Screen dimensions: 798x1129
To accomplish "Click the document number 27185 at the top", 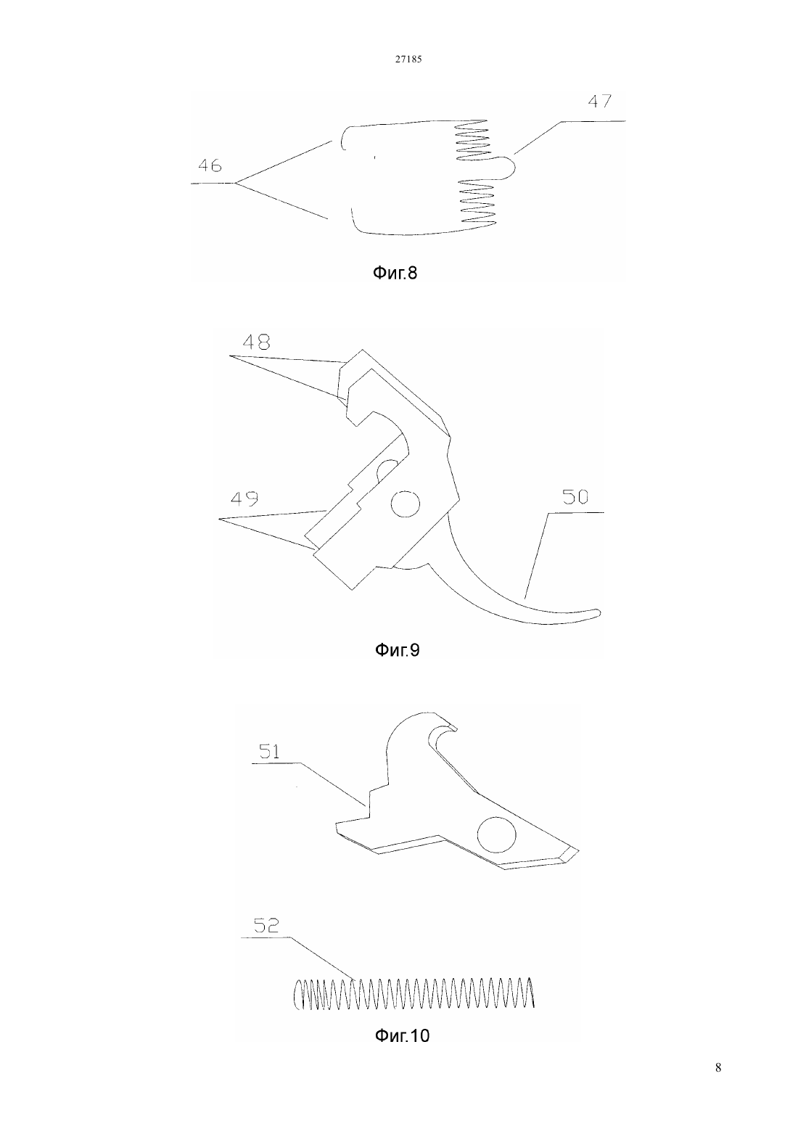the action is point(408,59).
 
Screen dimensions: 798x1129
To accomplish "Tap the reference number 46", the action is point(210,165).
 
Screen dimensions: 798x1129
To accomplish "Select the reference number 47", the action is point(599,102).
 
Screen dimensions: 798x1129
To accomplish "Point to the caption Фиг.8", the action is point(395,273).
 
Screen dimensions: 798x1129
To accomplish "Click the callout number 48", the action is point(256,342).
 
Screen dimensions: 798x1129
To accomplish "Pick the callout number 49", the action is point(244,498).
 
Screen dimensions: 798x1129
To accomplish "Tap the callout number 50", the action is point(575,498).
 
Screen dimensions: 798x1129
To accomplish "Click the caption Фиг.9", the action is point(397,650).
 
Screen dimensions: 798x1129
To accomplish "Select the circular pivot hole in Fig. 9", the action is point(406,504).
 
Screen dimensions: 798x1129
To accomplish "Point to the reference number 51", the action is point(269,752).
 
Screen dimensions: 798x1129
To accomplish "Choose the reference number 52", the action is point(266,925).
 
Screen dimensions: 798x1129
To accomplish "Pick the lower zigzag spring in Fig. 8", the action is point(477,202).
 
